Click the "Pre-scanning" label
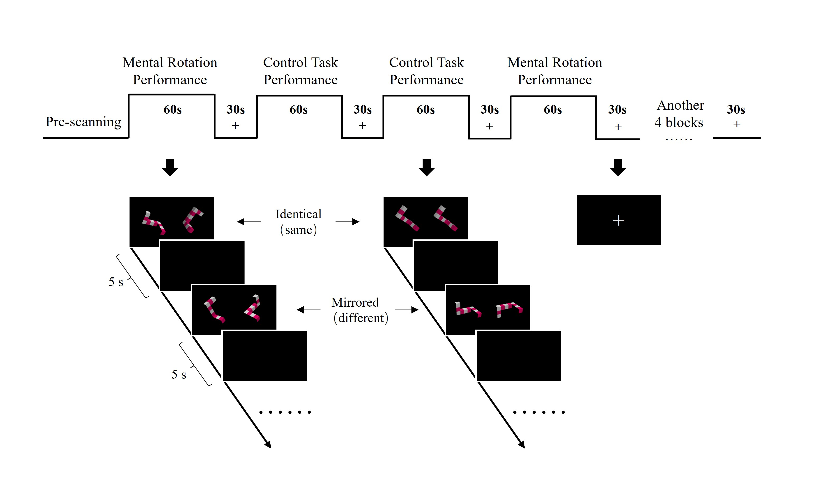point(83,122)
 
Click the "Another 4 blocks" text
point(679,114)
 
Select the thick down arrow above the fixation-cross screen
point(618,167)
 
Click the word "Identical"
point(298,214)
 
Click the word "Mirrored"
point(355,302)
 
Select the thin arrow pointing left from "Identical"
point(249,222)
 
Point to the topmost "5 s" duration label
point(116,282)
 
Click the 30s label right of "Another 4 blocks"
point(736,109)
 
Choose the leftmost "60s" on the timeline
point(173,109)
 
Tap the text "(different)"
point(361,318)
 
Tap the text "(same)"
point(299,230)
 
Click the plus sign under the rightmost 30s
point(737,124)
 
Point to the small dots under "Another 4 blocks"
point(679,140)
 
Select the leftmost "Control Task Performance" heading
point(300,71)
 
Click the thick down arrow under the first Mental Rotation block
point(170,167)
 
